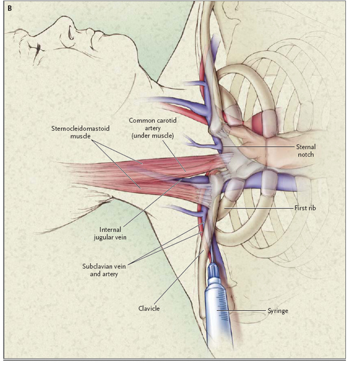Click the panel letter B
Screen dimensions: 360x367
[x=10, y=9]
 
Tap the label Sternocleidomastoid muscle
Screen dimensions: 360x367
[x=81, y=132]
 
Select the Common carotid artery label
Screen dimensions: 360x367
[x=153, y=128]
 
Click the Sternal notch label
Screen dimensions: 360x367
[x=306, y=150]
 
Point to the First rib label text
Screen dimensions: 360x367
[x=305, y=208]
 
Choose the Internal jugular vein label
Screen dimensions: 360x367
[x=110, y=234]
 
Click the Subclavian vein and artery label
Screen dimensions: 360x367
[x=104, y=270]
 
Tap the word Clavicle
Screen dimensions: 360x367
[x=149, y=308]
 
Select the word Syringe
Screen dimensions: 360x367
[x=278, y=311]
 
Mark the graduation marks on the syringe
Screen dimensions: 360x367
[x=223, y=304]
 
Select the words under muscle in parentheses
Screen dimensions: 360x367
[x=153, y=136]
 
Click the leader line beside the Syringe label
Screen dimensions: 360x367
[x=241, y=311]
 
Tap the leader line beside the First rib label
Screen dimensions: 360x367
[x=259, y=208]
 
